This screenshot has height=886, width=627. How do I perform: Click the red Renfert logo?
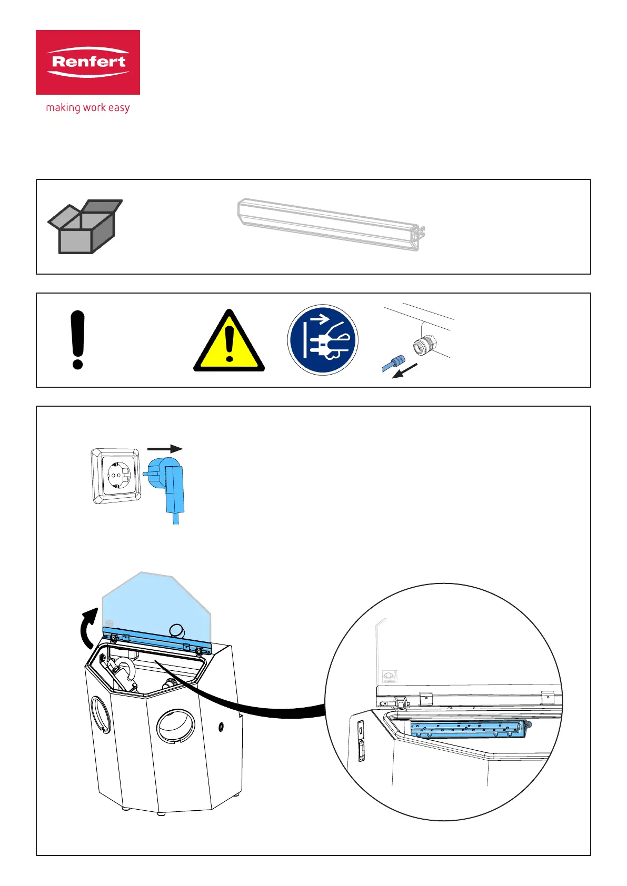88,62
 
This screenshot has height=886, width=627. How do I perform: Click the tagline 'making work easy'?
88,108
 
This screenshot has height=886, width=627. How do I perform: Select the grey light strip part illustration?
331,224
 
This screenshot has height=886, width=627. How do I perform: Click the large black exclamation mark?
77,339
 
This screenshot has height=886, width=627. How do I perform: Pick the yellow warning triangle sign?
229,343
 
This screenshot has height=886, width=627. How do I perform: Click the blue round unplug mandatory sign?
323,340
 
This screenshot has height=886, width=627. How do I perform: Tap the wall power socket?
116,476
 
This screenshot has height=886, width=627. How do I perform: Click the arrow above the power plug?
165,449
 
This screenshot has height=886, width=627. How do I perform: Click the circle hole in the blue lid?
177,630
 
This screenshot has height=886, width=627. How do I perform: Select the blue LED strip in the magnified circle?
467,729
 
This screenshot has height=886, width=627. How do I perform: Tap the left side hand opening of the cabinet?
101,714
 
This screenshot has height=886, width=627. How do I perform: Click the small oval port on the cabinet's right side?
221,727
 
